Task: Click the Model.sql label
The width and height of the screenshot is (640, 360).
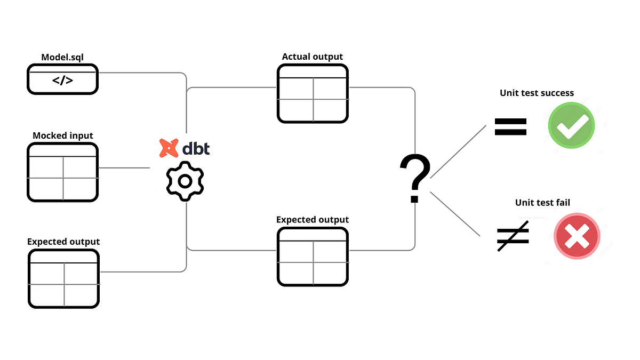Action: (x=62, y=57)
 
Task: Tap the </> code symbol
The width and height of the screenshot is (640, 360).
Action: (x=62, y=82)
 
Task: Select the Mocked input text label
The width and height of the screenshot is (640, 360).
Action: (x=63, y=135)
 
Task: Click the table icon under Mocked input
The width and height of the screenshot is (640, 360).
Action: (x=63, y=172)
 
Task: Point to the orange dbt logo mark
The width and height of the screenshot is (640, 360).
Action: (x=169, y=148)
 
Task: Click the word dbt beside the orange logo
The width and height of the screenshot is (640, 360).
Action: (x=196, y=147)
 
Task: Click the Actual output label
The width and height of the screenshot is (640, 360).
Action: (x=312, y=57)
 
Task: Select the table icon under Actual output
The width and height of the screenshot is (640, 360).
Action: (x=313, y=93)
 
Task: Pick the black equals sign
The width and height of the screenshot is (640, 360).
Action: (x=510, y=126)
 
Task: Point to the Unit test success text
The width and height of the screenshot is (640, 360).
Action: (x=537, y=93)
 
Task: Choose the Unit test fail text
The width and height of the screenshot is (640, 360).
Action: (x=542, y=202)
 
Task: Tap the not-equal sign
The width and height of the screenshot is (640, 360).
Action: (x=513, y=235)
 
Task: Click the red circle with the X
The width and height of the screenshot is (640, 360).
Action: (x=577, y=235)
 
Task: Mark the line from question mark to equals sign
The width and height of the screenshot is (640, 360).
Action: (x=459, y=151)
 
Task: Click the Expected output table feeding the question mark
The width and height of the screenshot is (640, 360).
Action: (x=313, y=257)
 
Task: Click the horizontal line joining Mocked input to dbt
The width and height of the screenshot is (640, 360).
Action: (x=124, y=167)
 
